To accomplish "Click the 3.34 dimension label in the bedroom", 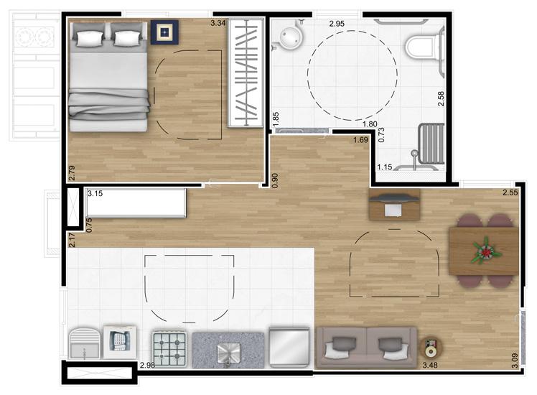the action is click(218, 23).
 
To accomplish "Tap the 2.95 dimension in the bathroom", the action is click(337, 24).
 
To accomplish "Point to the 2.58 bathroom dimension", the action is click(441, 98).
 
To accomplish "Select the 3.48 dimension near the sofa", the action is click(430, 365).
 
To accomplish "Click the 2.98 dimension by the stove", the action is click(147, 365).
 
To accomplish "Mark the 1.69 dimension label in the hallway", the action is click(360, 139).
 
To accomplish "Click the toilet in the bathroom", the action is click(423, 47).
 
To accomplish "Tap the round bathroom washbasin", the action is click(291, 37).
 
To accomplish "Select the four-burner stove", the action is click(169, 349).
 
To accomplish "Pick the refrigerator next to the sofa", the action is click(289, 347).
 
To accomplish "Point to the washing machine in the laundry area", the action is click(120, 342).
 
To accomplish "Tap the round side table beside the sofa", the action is click(431, 348).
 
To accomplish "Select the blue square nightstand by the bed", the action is click(164, 32).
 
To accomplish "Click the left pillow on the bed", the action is click(90, 38).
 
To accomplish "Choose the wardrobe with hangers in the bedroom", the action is click(246, 73).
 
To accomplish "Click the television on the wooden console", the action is click(394, 199).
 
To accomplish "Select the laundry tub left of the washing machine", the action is click(85, 343).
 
